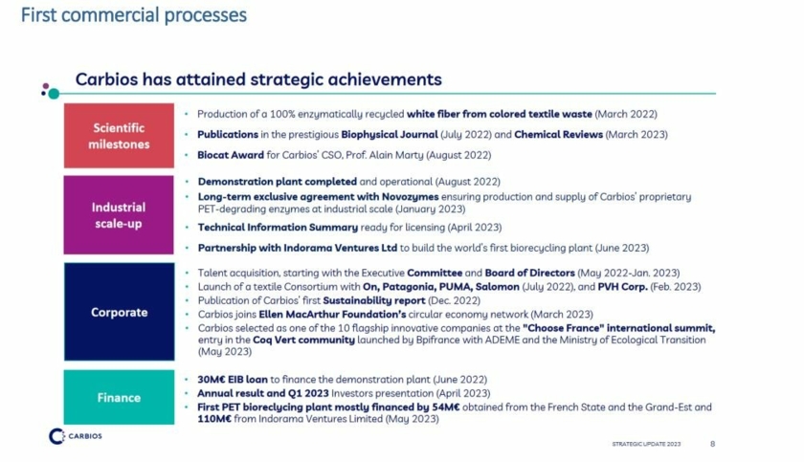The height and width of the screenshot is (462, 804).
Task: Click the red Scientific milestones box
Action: click(x=119, y=136)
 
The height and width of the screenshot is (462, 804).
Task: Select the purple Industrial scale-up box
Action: click(x=119, y=215)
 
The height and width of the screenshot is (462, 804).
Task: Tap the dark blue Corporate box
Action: click(x=119, y=312)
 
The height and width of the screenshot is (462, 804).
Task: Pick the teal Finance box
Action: click(x=119, y=398)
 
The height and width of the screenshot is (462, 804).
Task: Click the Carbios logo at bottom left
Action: click(x=76, y=436)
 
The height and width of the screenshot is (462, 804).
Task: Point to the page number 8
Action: click(x=713, y=444)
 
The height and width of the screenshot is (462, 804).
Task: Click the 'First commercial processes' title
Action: click(x=134, y=15)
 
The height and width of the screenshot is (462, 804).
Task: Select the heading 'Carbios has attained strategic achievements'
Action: click(x=258, y=79)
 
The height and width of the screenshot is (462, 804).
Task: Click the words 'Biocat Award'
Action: click(x=231, y=155)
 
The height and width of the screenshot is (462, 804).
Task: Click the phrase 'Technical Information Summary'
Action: click(x=278, y=227)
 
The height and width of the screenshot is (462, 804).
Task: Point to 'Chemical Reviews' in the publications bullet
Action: click(x=558, y=134)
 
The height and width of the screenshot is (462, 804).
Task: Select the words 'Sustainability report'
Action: click(x=374, y=300)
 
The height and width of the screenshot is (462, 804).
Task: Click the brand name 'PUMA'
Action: click(x=456, y=286)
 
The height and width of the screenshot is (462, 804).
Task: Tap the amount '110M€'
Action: click(x=214, y=418)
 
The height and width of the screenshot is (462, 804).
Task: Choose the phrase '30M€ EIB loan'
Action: click(x=233, y=379)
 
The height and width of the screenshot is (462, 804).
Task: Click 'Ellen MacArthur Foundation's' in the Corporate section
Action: click(x=332, y=314)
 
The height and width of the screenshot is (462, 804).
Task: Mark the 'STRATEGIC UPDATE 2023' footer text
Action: click(x=646, y=444)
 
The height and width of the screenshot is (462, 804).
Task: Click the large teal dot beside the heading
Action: click(x=54, y=94)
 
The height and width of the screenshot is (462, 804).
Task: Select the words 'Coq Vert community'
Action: click(x=303, y=340)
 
